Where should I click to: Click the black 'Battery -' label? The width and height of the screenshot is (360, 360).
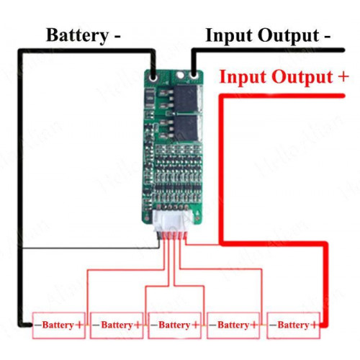point(83,35)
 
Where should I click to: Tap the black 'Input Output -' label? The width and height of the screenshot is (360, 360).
point(268,35)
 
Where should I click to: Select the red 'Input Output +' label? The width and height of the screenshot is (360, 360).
point(284,77)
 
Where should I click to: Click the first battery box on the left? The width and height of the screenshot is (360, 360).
point(59,325)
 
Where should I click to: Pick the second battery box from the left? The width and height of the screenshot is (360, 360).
point(117,325)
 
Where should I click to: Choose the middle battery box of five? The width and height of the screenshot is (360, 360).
point(174,325)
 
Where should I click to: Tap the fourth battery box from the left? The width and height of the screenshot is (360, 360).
point(233,325)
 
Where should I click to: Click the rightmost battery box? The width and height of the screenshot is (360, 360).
point(293,325)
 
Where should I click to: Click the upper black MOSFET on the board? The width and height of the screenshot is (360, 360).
point(186,99)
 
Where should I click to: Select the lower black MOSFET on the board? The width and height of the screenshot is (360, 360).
point(186,128)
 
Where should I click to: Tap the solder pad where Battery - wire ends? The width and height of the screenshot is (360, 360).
point(153,78)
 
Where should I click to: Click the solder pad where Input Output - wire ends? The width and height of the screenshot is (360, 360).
point(194,76)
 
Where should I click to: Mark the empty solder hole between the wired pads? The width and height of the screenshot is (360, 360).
point(180,76)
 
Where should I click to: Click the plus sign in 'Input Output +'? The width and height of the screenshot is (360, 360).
point(343,76)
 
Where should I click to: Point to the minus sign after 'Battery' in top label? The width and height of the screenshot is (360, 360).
point(116,37)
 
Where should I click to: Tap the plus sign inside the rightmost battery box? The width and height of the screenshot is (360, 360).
point(314,325)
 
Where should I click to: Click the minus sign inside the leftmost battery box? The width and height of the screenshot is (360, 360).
point(38,325)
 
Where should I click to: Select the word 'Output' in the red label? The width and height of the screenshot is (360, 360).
point(302,77)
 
